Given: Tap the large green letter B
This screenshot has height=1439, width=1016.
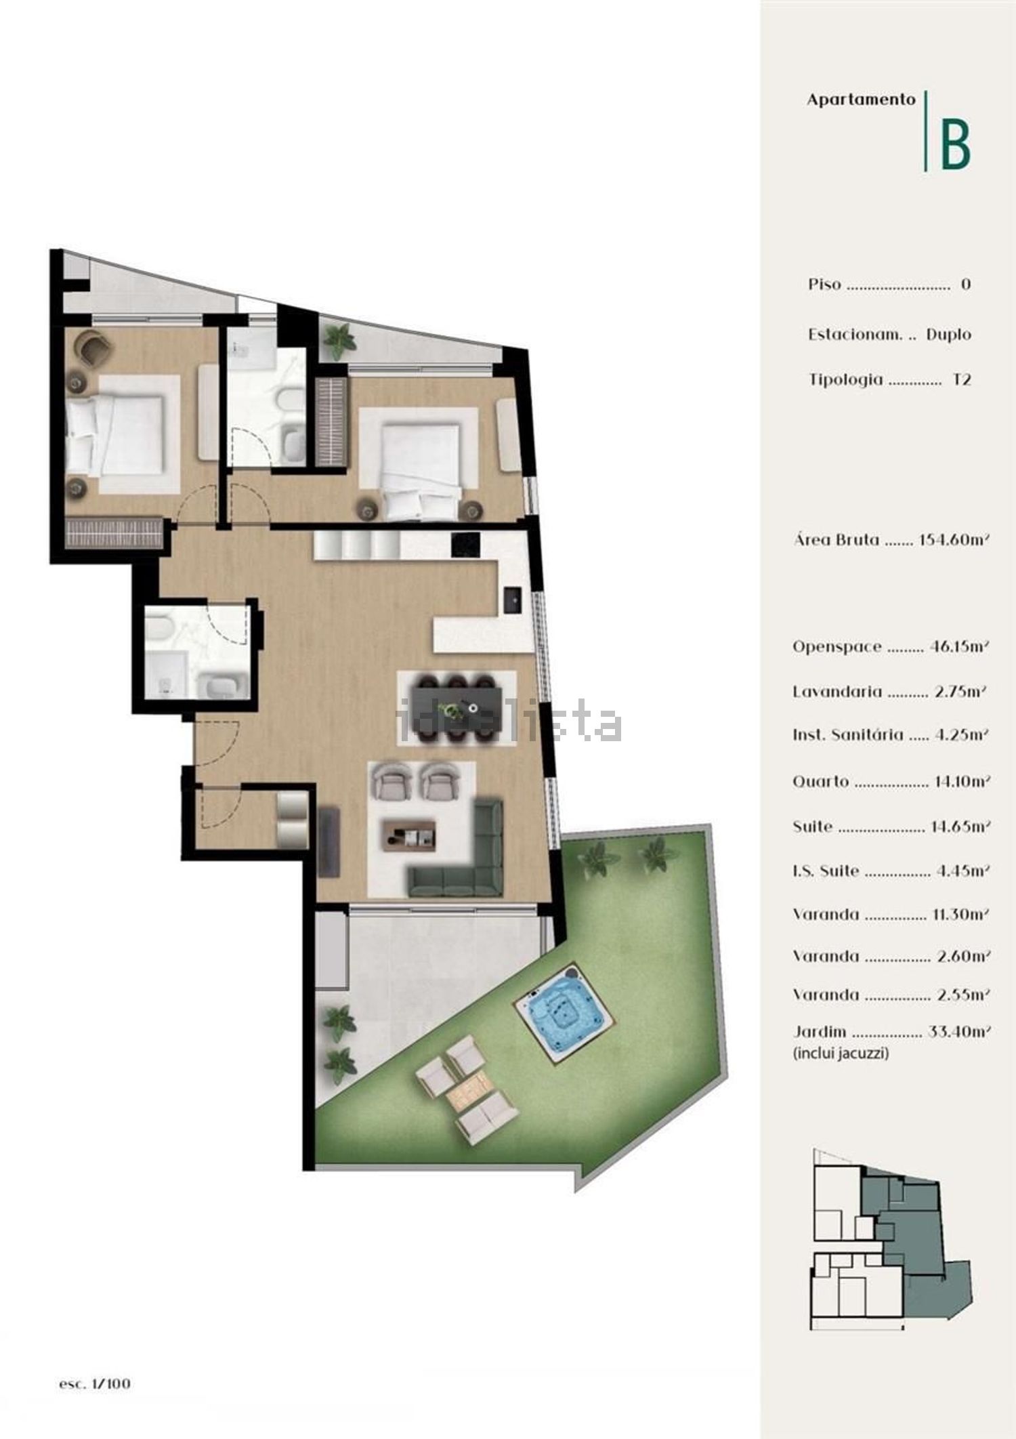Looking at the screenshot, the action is click(955, 144).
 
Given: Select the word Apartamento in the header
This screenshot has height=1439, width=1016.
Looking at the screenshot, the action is click(861, 100).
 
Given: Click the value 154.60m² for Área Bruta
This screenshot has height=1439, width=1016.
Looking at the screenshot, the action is click(954, 540).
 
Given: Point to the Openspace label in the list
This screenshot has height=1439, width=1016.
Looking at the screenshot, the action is click(838, 647).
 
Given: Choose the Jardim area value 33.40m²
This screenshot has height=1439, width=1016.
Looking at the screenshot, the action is click(957, 1032).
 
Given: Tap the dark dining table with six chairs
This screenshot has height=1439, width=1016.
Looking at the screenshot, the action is click(458, 707).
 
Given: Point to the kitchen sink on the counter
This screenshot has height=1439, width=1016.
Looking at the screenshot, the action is click(512, 599).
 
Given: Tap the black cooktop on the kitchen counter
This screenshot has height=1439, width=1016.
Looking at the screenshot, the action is click(466, 543).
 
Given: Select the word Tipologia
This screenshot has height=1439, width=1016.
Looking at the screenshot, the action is click(846, 380).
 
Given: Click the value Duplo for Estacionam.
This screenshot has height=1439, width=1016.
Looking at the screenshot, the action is click(948, 335).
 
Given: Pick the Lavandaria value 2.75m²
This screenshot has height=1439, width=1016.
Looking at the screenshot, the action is click(959, 692).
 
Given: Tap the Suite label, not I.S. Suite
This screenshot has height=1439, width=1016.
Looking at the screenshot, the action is click(813, 827).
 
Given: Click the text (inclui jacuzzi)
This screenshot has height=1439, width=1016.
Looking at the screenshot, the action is click(841, 1053).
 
